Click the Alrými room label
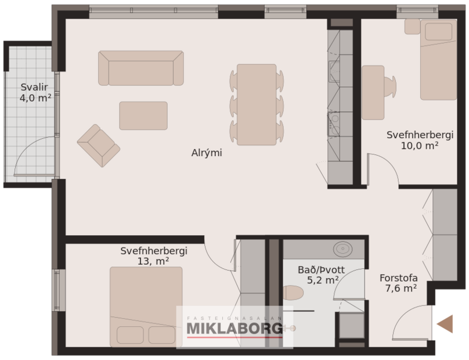pyautogui.click(x=207, y=153)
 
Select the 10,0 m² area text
pyautogui.click(x=419, y=146)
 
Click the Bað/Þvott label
pyautogui.click(x=321, y=269)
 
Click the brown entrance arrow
pyautogui.click(x=445, y=324)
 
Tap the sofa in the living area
pyautogui.click(x=141, y=68)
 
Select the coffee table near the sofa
pyautogui.click(x=143, y=116)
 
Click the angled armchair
pyautogui.click(x=98, y=145)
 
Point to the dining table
pyautogui.click(x=257, y=105)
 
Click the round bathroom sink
pyautogui.click(x=343, y=249)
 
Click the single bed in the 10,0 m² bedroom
pyautogui.click(x=438, y=59)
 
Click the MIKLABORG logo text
pyautogui.click(x=234, y=329)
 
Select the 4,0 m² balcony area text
pyautogui.click(x=35, y=98)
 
